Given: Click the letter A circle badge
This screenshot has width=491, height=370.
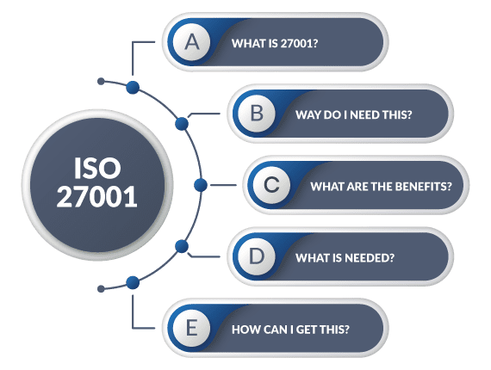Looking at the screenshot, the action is pos(191,42).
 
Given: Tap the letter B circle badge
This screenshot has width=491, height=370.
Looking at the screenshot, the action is pos(257,114).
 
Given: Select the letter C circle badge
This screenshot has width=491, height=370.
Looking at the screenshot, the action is pos(271,185).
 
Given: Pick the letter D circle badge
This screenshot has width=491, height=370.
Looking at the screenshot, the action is pos(257,256).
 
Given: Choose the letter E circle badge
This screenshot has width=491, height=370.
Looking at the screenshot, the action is pos(191,328).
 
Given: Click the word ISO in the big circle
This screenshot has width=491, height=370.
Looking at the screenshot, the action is pos(97,169).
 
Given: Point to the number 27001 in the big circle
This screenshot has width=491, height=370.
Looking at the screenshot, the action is pos(96,196).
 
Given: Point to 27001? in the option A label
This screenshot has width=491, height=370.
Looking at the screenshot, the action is pos(299,44).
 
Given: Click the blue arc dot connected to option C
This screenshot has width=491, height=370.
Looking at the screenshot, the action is pos(201,185).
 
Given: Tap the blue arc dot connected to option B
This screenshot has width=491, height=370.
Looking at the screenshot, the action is pos(182,124).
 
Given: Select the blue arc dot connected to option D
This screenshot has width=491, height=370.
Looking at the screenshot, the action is pos(182,246).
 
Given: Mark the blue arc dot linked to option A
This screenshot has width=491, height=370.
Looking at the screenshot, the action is pos(133,87).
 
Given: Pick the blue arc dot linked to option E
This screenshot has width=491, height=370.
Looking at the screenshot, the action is pos(133,283).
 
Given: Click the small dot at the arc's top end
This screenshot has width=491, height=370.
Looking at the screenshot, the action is pos(101,82).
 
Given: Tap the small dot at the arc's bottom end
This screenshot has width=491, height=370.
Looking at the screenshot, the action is pos(101,288).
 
